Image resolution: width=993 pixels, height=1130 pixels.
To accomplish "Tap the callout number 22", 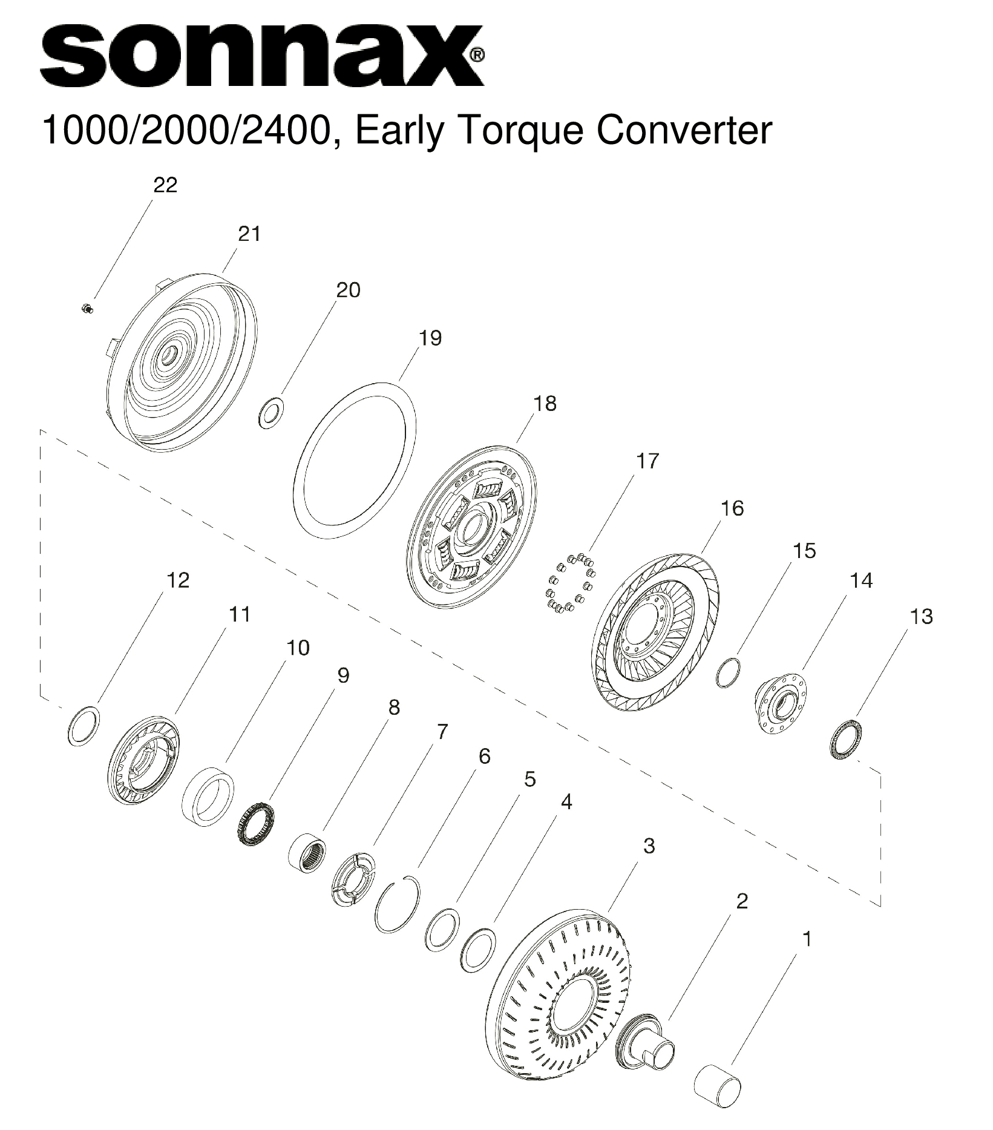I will click(165, 185).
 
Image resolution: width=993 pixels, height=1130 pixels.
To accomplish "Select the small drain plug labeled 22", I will click(87, 309).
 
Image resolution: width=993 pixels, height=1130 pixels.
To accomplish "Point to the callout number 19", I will click(430, 338).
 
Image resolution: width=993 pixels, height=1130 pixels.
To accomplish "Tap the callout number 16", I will click(732, 508).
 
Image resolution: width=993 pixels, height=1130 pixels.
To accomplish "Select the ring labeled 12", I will click(84, 726).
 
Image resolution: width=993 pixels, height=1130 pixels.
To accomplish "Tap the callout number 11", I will click(240, 614).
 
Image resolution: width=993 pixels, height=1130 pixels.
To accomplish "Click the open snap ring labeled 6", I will click(397, 905).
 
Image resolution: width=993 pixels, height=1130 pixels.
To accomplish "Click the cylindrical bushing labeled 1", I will click(718, 1087).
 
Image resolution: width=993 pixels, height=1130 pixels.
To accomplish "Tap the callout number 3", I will click(649, 846).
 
